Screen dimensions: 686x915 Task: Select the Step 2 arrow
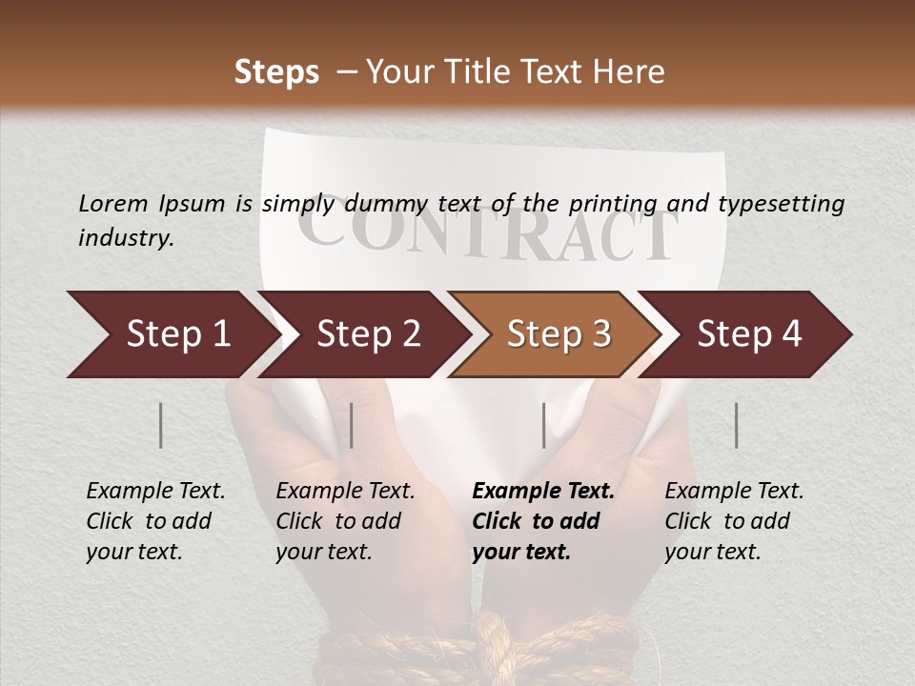click(368, 334)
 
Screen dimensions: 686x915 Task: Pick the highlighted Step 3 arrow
click(559, 334)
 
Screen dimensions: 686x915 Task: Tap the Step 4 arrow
click(749, 334)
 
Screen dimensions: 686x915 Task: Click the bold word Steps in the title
click(276, 71)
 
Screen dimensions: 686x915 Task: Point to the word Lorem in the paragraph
click(112, 203)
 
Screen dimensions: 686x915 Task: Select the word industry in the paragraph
click(126, 238)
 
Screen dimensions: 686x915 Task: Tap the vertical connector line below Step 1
click(161, 425)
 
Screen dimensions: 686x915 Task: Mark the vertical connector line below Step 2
click(352, 425)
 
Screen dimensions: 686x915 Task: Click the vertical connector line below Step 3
click(543, 425)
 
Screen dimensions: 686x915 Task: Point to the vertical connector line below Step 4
click(736, 425)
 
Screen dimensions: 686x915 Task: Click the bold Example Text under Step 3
click(543, 492)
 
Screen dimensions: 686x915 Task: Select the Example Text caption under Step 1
click(155, 492)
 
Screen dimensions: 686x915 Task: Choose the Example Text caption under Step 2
click(345, 492)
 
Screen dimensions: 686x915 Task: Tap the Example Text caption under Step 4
click(734, 492)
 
